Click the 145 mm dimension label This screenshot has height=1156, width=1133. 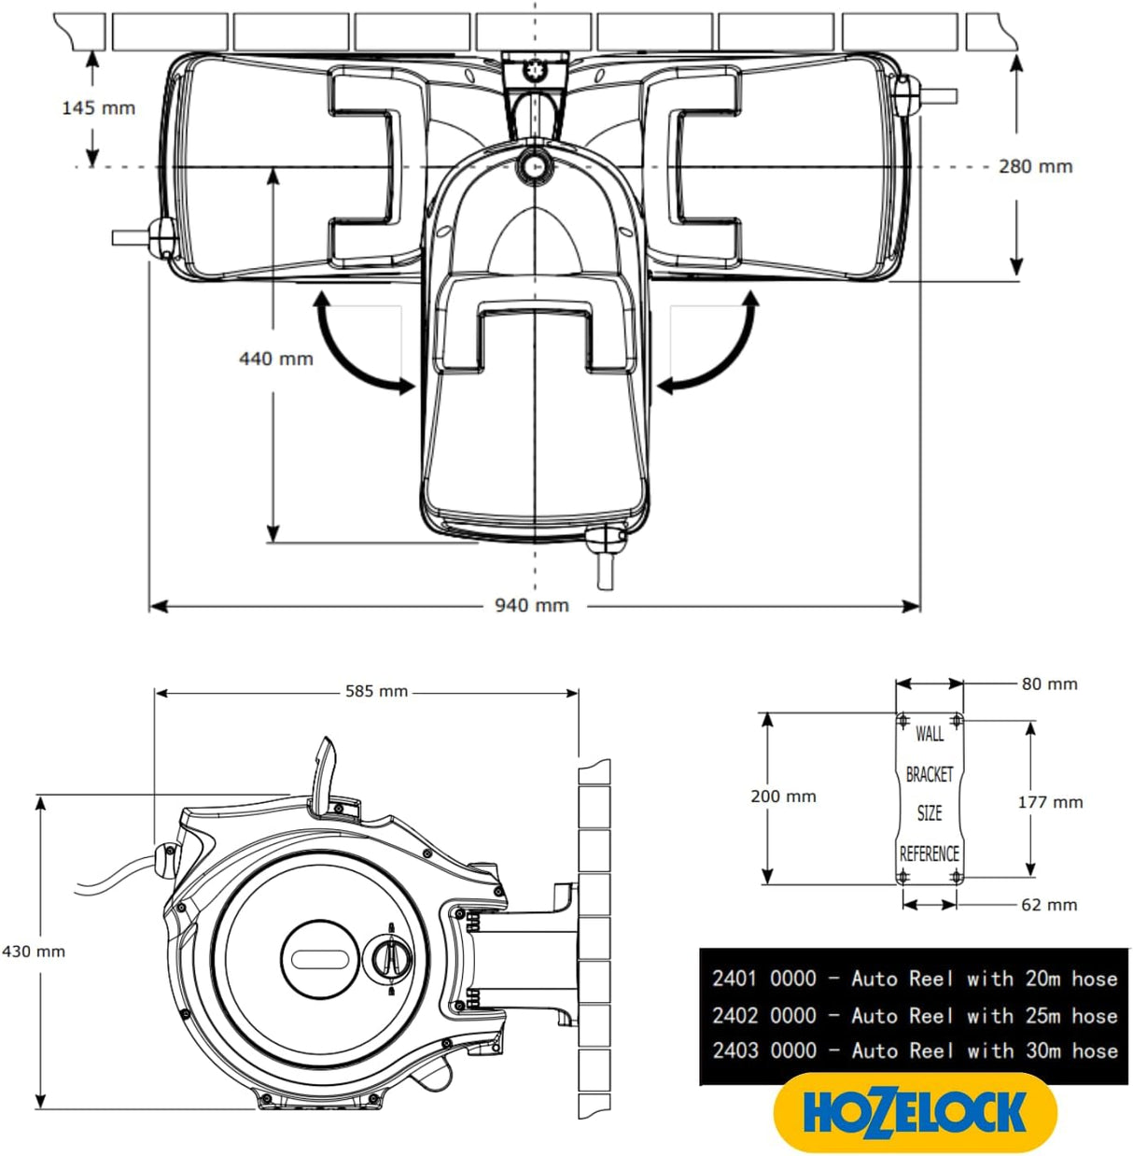coord(98,108)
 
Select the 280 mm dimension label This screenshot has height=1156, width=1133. coord(1035,167)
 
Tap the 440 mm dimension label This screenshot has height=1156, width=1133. coord(275,359)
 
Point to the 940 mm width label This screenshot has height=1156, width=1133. coord(531,606)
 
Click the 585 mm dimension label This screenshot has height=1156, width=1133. coord(376,692)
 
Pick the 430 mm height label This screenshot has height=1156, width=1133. coord(34,952)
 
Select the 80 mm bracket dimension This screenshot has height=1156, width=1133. coord(1049,684)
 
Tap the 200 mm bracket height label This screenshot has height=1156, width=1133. coord(783,797)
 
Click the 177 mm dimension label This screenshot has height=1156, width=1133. coord(1050,802)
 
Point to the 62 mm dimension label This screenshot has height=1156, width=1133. coord(1049,905)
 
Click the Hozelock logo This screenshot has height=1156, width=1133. coord(915,1112)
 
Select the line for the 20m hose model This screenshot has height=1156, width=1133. coord(914,979)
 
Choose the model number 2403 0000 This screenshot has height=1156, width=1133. coord(763,1050)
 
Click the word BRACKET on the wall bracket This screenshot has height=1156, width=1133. coord(930,774)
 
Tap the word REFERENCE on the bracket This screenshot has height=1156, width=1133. coord(929,853)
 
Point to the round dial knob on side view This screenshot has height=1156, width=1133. coord(390,957)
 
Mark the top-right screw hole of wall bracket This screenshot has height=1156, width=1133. coord(957,721)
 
